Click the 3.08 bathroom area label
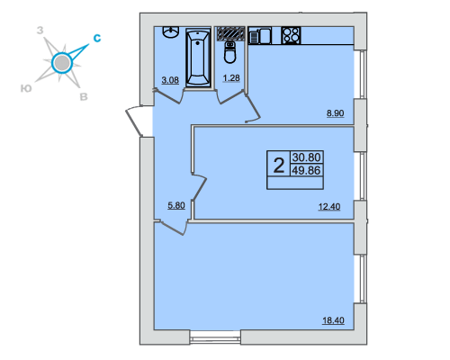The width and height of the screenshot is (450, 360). [170, 80]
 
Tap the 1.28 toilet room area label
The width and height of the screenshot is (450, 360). [231, 78]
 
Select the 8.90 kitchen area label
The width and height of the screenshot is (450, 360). [335, 113]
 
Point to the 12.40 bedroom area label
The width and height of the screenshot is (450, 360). [329, 207]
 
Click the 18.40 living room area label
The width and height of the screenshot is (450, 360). [333, 320]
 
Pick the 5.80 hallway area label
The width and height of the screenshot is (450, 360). [176, 205]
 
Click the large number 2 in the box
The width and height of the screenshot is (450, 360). [279, 166]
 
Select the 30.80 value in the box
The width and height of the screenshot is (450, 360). [306, 157]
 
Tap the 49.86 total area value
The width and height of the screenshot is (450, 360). [306, 170]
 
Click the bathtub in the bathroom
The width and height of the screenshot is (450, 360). [198, 57]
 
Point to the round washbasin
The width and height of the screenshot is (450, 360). [171, 31]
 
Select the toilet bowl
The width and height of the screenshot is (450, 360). [230, 52]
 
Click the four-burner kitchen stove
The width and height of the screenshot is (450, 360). [291, 35]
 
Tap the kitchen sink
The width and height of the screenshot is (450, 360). [260, 36]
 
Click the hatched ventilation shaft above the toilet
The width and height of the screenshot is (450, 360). [230, 33]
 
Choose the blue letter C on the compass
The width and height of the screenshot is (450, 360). [97, 38]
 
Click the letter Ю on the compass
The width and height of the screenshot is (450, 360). [26, 88]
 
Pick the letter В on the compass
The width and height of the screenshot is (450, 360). [84, 96]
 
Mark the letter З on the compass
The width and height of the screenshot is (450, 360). [40, 31]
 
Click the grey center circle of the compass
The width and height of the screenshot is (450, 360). [62, 63]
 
